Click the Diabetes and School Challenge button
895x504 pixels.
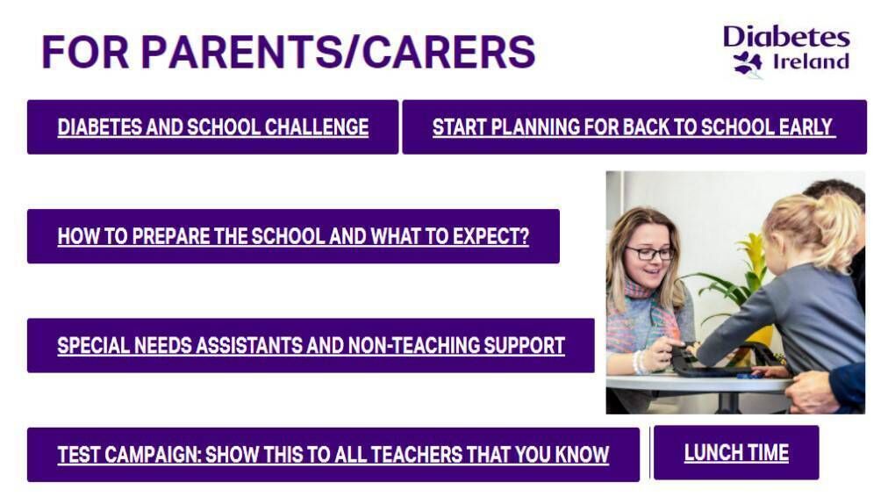(213, 126)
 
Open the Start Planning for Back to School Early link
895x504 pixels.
(634, 126)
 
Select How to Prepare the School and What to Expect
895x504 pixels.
(293, 236)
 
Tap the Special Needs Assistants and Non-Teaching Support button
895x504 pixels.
(311, 345)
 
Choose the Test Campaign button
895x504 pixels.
(333, 454)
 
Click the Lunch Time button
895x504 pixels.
(736, 452)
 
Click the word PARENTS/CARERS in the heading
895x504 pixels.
(338, 52)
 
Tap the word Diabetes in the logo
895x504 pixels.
(786, 37)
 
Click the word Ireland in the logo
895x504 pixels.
(811, 61)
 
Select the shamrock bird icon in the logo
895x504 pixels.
(748, 63)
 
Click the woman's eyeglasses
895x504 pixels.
(649, 253)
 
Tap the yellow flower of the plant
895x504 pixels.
(752, 255)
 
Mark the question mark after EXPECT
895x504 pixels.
(524, 236)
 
